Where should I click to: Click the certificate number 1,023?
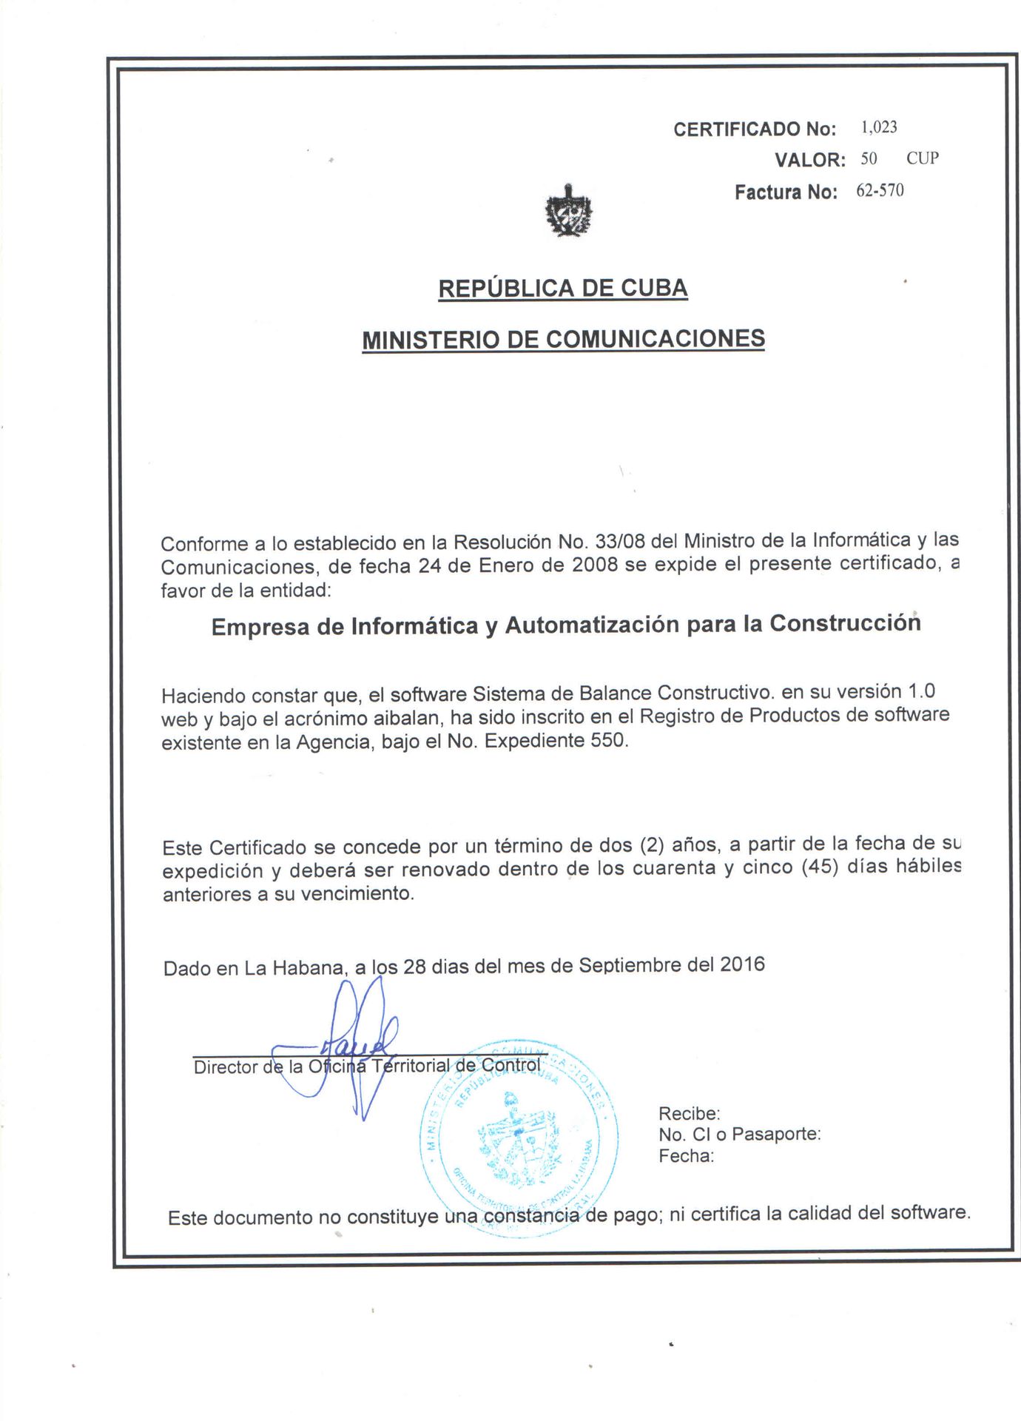point(879,127)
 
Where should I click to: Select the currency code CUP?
point(923,158)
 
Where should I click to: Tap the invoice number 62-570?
point(880,191)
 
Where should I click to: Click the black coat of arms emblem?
point(568,211)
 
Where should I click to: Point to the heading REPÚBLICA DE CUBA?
point(563,288)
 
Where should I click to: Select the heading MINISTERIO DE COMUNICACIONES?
point(563,339)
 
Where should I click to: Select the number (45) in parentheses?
point(820,867)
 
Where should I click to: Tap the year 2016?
point(742,964)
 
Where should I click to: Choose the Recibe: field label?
point(689,1113)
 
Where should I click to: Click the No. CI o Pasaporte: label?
point(739,1134)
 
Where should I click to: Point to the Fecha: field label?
point(686,1156)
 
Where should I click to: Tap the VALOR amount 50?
point(869,158)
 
